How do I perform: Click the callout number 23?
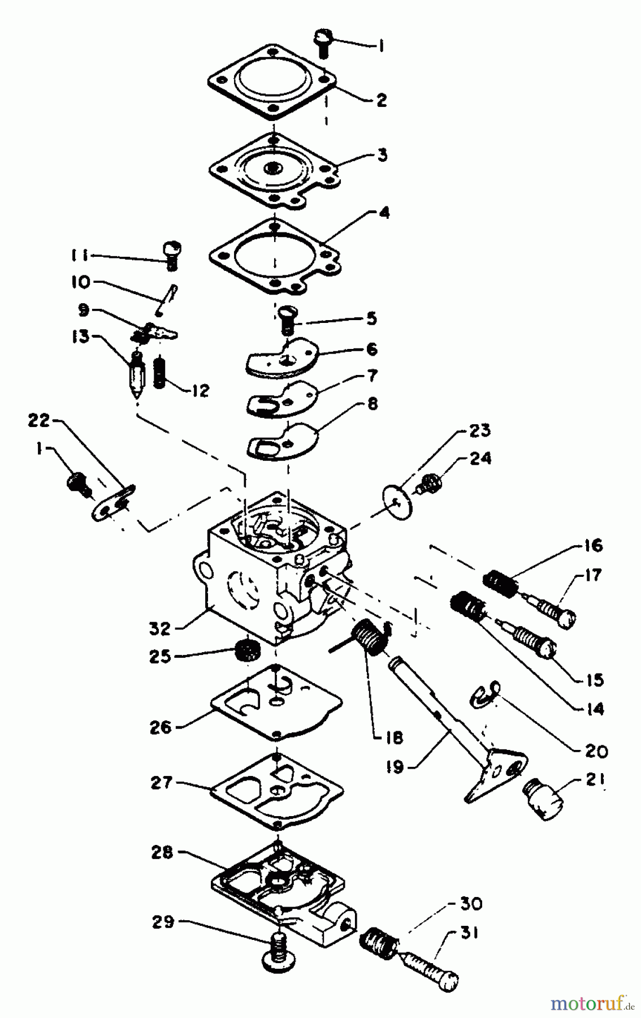coord(480,430)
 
